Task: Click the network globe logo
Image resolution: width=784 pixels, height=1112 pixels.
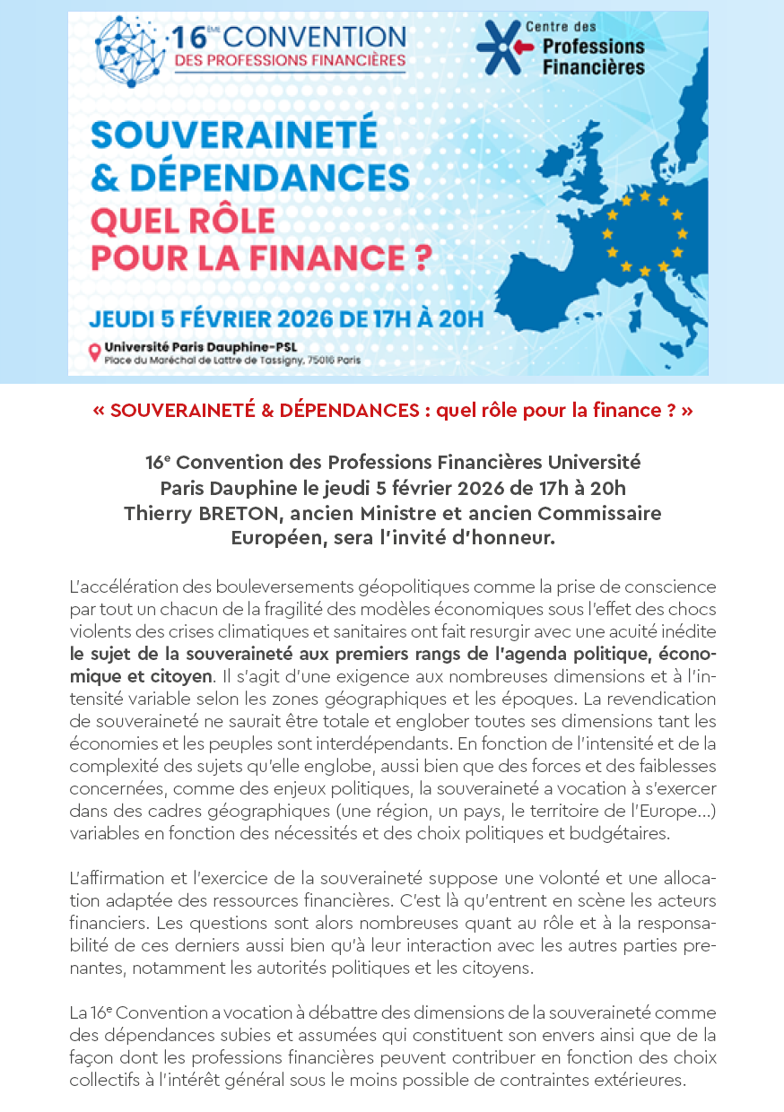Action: coord(130,51)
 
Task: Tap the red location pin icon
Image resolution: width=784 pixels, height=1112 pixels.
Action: coord(93,352)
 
